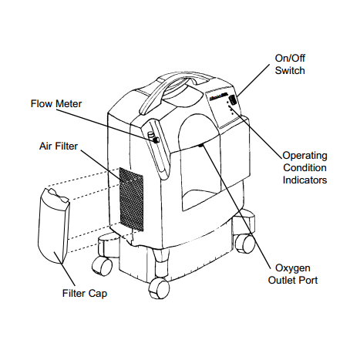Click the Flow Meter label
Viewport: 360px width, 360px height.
pos(56,104)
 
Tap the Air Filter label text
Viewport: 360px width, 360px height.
pos(59,146)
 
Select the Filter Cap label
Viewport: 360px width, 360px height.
pos(85,294)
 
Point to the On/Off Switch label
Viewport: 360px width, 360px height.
pos(290,64)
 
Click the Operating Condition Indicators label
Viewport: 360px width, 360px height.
pos(304,167)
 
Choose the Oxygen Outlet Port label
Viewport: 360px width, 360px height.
pos(293,274)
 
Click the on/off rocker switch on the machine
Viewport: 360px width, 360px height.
pos(234,99)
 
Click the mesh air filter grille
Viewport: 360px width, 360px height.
pos(131,199)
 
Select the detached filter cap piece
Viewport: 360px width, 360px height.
pos(53,226)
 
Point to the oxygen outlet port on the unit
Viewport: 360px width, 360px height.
pos(201,146)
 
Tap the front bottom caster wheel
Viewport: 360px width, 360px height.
pos(159,288)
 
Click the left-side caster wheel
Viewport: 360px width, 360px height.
pos(103,266)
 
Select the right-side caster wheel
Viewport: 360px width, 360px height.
pos(245,244)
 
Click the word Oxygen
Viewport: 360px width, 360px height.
pos(293,268)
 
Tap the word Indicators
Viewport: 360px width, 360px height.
pos(304,180)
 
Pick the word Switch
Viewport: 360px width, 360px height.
pos(290,70)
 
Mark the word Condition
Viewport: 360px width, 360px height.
pos(304,167)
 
